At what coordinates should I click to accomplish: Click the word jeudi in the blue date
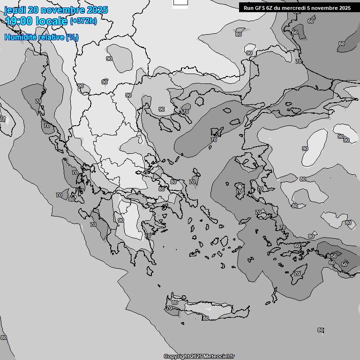click(15, 10)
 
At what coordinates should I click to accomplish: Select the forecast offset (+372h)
click(83, 21)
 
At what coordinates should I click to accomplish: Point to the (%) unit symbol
click(72, 37)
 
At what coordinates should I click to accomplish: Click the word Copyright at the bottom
click(176, 357)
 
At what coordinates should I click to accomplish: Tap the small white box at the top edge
click(180, 3)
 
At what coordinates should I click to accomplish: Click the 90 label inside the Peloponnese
click(120, 220)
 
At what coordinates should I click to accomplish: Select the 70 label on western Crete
click(169, 308)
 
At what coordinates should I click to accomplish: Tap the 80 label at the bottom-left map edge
click(4, 337)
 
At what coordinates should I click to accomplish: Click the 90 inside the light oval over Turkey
click(305, 149)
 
